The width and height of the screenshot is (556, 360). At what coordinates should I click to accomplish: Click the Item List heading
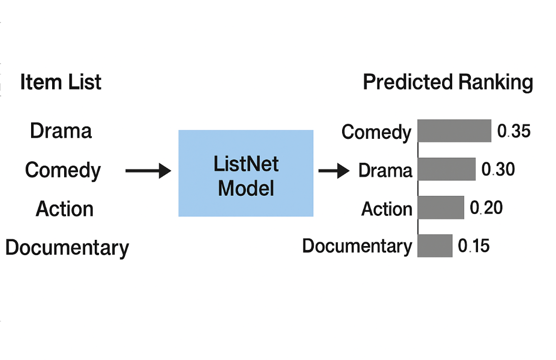(61, 82)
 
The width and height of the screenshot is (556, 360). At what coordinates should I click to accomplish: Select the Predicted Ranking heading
(448, 82)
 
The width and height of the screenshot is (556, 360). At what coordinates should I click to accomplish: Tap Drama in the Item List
(61, 131)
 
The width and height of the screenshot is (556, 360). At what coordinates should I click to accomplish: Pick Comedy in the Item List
(63, 170)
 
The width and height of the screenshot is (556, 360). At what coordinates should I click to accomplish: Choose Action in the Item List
(65, 209)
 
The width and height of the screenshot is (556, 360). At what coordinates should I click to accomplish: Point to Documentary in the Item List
(67, 248)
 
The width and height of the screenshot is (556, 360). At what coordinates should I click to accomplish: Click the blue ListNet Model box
(246, 173)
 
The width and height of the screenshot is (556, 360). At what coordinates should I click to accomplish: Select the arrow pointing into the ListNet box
(148, 170)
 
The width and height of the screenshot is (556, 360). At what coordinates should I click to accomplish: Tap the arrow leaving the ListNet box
(334, 170)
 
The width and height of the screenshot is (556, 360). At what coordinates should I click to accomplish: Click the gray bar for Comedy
(454, 131)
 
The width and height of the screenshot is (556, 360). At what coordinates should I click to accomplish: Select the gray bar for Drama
(446, 169)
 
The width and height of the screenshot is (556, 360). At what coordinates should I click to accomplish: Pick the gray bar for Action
(441, 208)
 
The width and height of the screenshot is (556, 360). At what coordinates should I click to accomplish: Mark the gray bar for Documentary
(434, 246)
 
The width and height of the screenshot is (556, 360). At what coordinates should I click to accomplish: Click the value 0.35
(514, 131)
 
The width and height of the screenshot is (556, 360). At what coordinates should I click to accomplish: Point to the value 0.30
(498, 169)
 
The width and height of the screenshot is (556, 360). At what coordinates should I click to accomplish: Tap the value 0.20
(486, 208)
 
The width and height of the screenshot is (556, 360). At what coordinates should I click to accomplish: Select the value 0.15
(474, 246)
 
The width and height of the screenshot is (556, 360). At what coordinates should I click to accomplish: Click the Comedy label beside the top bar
(376, 133)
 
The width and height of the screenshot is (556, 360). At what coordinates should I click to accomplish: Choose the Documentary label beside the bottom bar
(357, 246)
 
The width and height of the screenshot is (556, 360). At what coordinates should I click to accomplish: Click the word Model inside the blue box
(246, 188)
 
